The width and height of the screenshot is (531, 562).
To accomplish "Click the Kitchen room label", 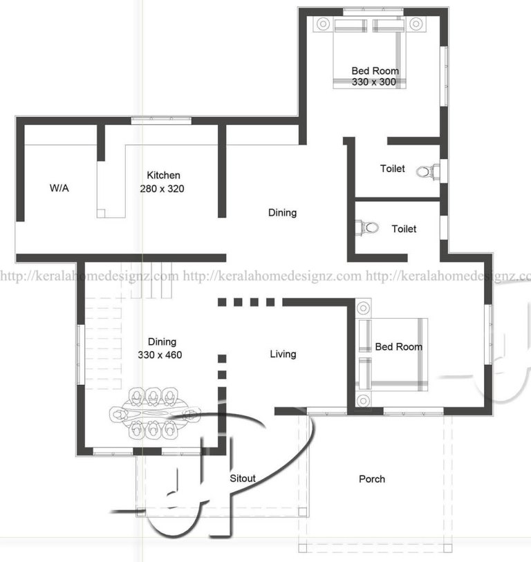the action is (x=163, y=176).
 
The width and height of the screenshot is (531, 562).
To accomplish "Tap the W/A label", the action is (x=59, y=188).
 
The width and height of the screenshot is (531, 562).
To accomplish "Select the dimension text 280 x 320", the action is (x=162, y=189).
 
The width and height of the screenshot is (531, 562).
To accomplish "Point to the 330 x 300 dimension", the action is (x=373, y=82).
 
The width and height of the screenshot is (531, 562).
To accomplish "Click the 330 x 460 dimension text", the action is (x=160, y=355).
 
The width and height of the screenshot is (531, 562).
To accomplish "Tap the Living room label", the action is (x=283, y=354).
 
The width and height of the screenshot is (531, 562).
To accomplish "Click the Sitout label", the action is (x=243, y=478).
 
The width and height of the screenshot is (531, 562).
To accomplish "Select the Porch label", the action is (x=372, y=479).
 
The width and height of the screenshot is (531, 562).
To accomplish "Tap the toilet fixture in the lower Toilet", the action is (x=366, y=227).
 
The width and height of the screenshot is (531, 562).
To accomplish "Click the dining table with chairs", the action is (x=155, y=413).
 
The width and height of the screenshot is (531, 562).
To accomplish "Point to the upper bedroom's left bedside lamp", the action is (x=324, y=24).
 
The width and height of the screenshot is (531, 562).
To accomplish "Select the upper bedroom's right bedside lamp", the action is (x=416, y=24).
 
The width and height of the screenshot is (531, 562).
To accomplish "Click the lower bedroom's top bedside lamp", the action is (x=363, y=308).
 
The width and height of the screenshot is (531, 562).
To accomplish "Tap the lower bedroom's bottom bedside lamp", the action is (x=363, y=400).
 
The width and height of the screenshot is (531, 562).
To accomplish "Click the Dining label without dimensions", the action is (x=283, y=212).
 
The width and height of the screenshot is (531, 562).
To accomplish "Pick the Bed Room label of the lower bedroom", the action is (x=399, y=346).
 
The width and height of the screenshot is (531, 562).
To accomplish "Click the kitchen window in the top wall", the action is (x=161, y=120).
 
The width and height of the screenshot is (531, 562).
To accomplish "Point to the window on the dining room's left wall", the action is (x=81, y=355).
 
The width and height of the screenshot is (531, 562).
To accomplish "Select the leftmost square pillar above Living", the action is (x=222, y=302).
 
